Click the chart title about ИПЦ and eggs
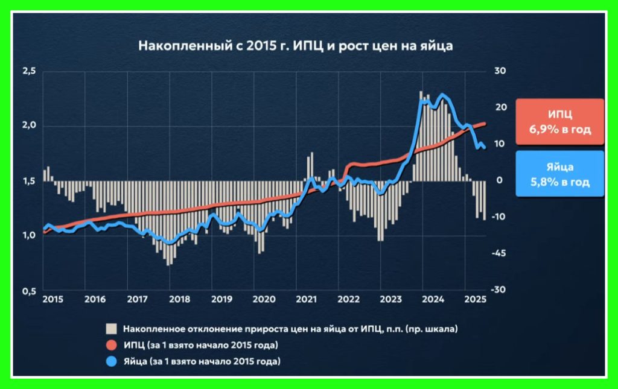click(x=296, y=46)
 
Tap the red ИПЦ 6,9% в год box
click(x=559, y=122)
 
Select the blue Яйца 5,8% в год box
click(x=559, y=174)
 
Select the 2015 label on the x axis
click(x=53, y=299)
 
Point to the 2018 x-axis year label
click(x=179, y=299)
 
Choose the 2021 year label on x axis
click(x=307, y=299)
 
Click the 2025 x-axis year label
click(x=474, y=299)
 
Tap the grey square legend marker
click(x=111, y=329)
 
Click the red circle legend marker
click(x=111, y=346)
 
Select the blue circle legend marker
click(x=111, y=362)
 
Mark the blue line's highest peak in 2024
click(x=443, y=95)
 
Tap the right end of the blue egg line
click(x=484, y=148)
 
